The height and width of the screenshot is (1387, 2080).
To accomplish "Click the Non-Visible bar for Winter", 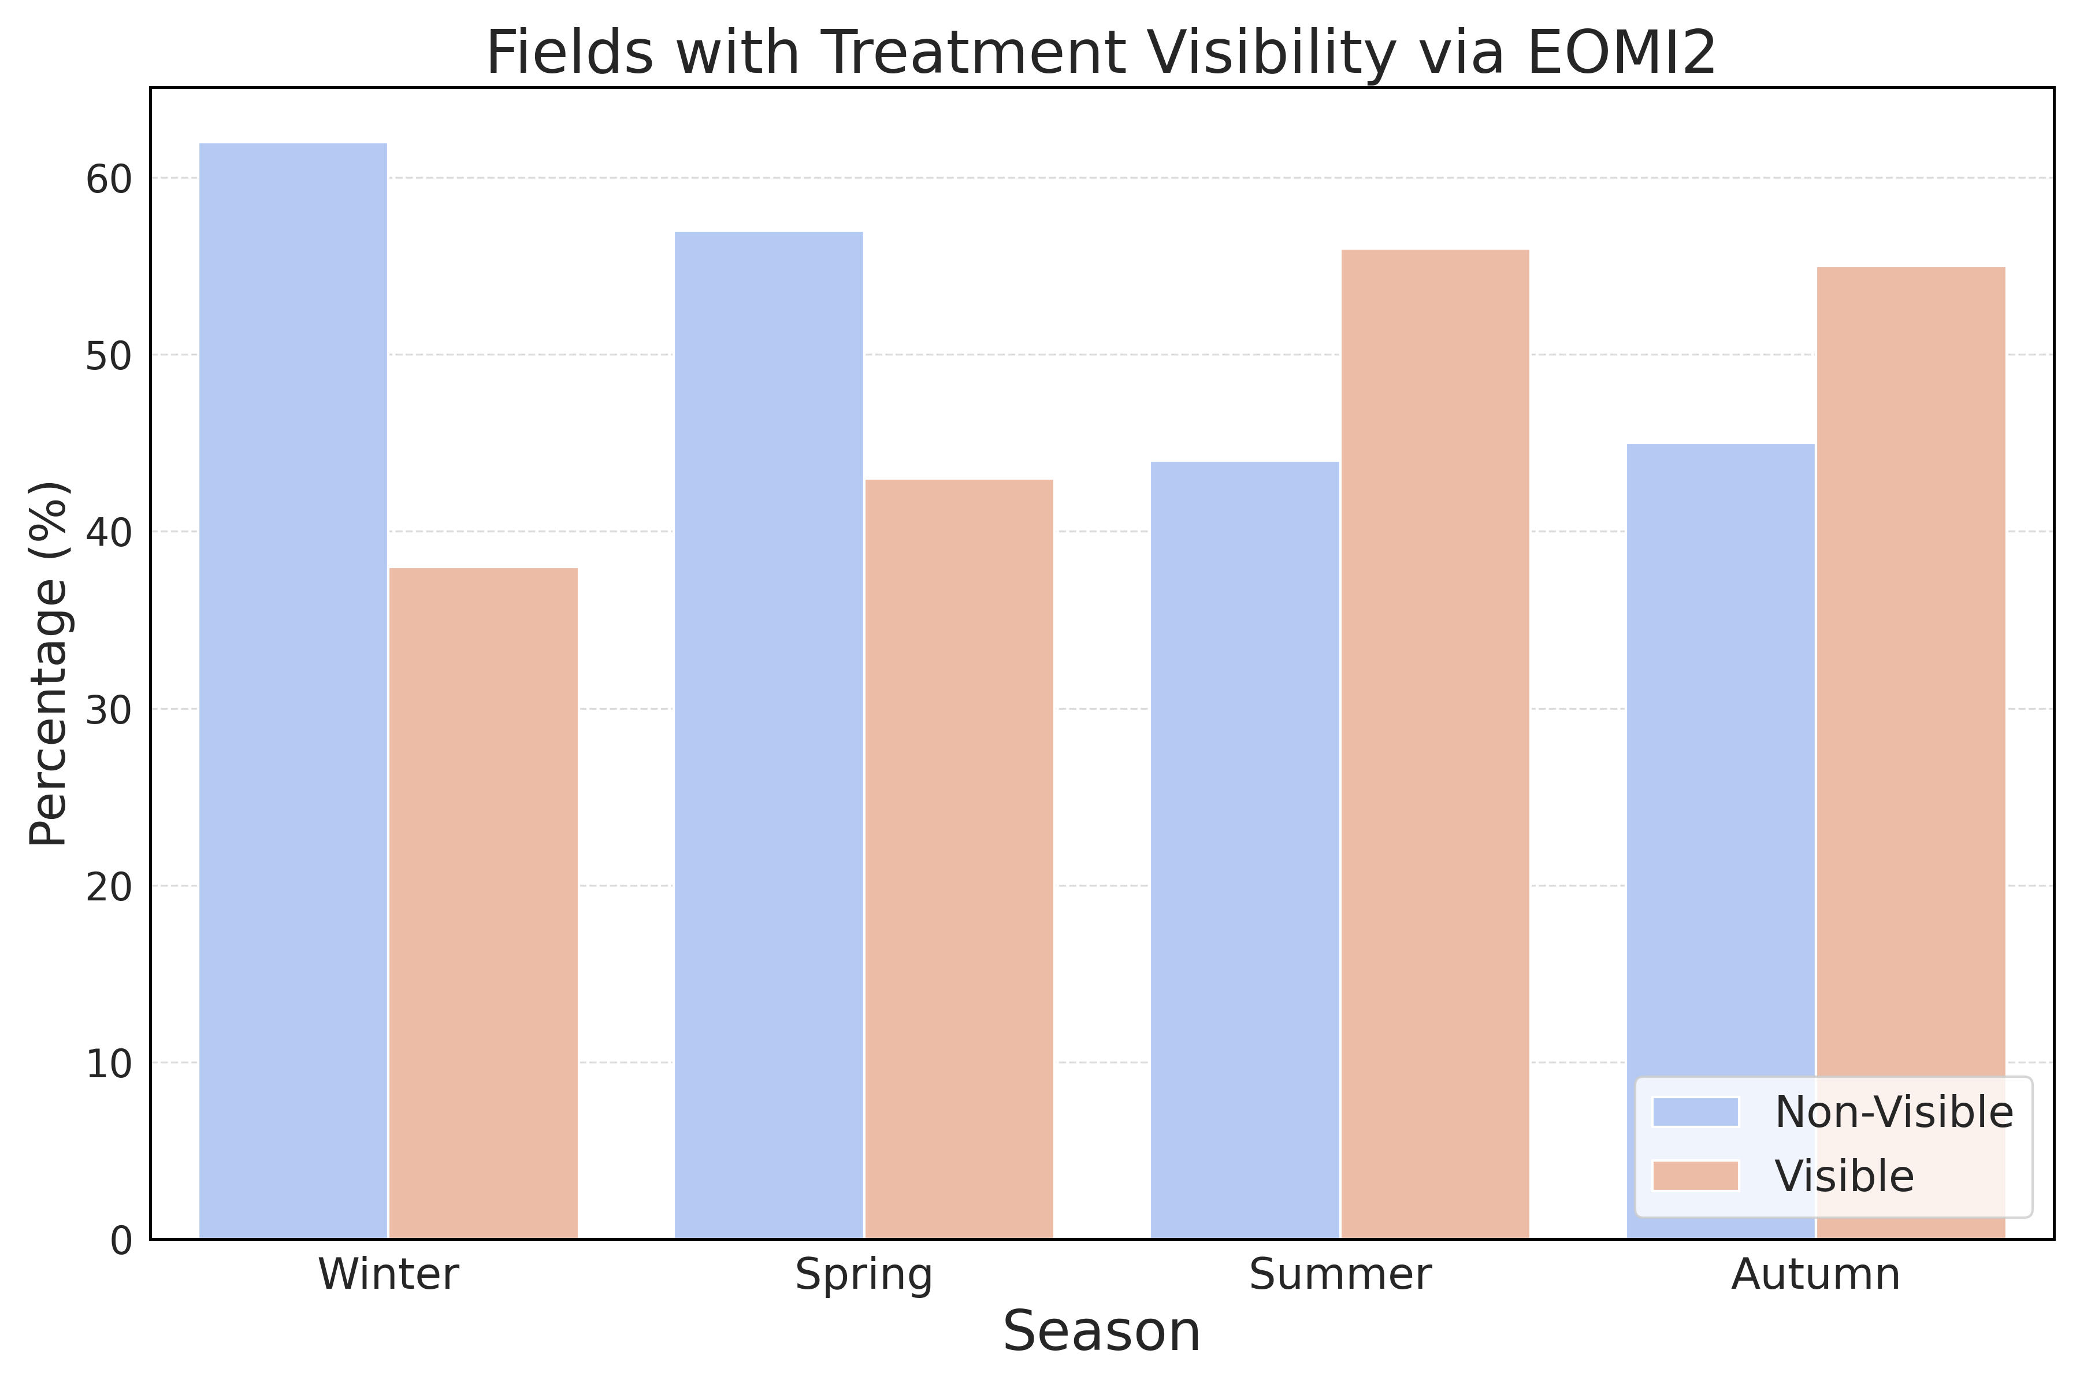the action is click(x=293, y=691).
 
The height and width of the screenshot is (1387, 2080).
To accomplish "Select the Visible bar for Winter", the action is click(x=484, y=903).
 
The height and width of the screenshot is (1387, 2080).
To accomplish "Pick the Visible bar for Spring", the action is click(x=960, y=859).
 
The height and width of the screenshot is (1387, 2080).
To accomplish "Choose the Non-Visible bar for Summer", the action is click(x=1245, y=850).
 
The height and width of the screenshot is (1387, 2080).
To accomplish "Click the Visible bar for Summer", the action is click(x=1435, y=744).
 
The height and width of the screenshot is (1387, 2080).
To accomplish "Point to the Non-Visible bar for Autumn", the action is click(x=1721, y=841).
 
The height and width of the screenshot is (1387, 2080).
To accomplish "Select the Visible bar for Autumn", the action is click(x=1911, y=753).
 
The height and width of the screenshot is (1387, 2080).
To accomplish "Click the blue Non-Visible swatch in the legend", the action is click(x=1695, y=1112).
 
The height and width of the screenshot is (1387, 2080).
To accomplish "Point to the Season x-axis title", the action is click(x=1102, y=1332).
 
